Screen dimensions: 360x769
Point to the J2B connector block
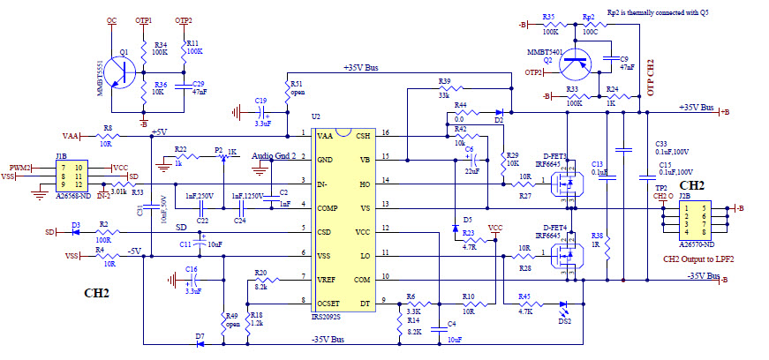pos(691,222)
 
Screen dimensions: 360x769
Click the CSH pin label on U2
pos(363,135)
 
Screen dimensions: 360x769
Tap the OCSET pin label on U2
pos(328,302)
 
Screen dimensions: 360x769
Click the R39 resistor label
pos(444,80)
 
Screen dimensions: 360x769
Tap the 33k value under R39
pos(444,96)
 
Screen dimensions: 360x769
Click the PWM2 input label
pos(20,167)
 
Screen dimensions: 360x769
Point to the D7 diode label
pos(200,337)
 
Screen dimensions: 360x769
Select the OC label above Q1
pos(111,19)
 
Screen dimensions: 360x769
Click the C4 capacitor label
pos(452,324)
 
